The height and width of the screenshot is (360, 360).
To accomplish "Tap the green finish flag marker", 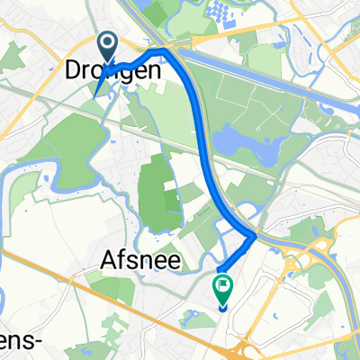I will (x=221, y=288).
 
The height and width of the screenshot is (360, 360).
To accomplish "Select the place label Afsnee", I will (x=139, y=262).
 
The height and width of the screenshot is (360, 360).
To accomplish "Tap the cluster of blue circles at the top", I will (x=220, y=12).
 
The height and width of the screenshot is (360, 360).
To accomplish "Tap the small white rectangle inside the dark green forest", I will (x=169, y=184).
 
